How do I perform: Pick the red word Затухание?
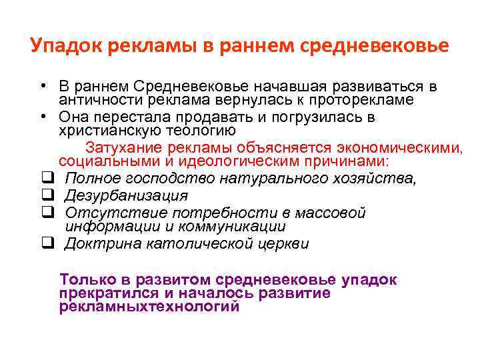pyautogui.click(x=138, y=147)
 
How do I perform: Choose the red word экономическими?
pyautogui.click(x=399, y=147)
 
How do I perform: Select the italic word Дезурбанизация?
pyautogui.click(x=126, y=195)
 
